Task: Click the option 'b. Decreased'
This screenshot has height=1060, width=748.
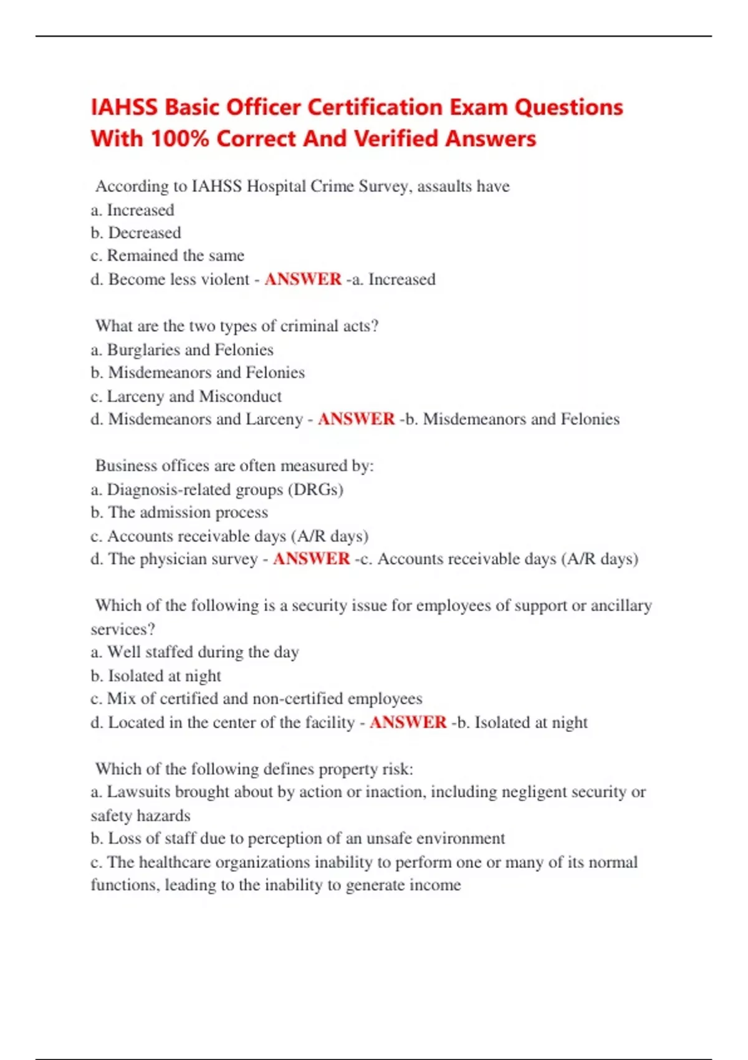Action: click(136, 233)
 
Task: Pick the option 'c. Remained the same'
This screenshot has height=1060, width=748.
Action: click(167, 256)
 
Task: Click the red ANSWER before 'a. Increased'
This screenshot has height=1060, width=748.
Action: click(303, 279)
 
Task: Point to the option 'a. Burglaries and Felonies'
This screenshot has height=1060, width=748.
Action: click(182, 350)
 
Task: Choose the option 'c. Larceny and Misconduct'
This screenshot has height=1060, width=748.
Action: click(186, 397)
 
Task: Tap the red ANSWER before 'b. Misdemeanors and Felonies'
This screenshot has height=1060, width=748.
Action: click(357, 419)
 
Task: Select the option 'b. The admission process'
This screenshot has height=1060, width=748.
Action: click(180, 513)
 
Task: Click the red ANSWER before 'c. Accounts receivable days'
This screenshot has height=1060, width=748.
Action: click(311, 559)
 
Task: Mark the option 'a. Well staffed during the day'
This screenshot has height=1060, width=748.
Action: click(194, 652)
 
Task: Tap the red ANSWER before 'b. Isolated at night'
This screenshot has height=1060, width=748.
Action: click(408, 722)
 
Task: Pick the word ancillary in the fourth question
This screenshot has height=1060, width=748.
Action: click(621, 605)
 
